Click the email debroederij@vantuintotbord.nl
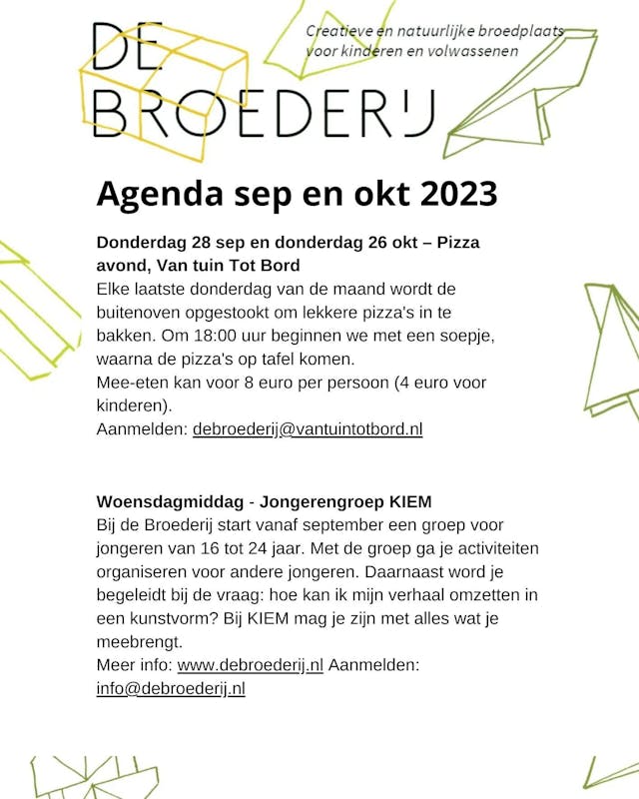pyautogui.click(x=308, y=429)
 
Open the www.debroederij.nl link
pyautogui.click(x=251, y=665)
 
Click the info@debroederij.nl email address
pyautogui.click(x=171, y=688)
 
